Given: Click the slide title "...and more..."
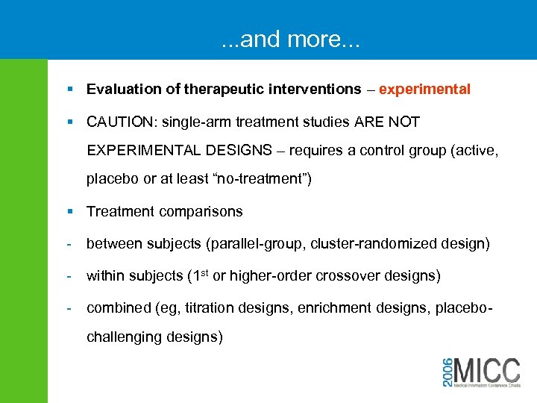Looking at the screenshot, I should [290, 39].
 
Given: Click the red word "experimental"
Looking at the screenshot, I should [424, 90].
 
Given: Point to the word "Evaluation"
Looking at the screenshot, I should [119, 90].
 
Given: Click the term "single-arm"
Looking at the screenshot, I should [194, 122].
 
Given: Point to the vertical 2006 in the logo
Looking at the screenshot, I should [446, 370].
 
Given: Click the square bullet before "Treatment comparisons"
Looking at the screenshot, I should [69, 212].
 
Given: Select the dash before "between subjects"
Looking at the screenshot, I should [69, 244].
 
